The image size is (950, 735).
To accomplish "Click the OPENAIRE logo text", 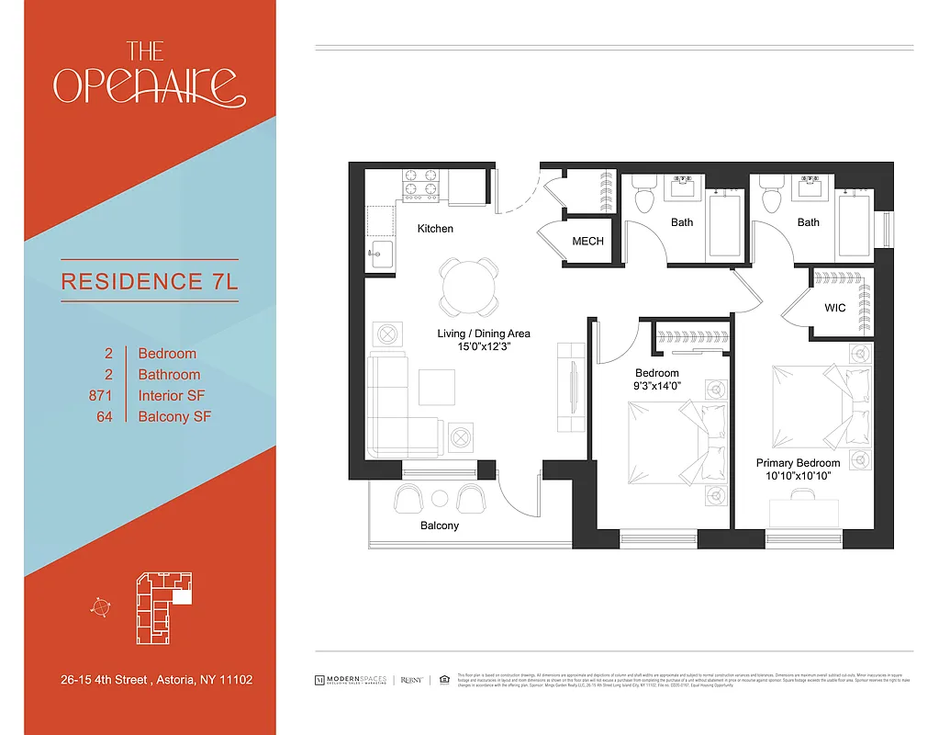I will point(150,84).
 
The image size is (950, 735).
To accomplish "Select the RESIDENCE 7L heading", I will point(150,281).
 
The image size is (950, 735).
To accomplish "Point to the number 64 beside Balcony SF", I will point(105,417).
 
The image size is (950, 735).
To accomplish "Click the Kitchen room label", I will point(435,229).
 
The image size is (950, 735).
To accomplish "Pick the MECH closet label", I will point(588,242).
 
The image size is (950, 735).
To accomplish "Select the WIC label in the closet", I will point(834,308).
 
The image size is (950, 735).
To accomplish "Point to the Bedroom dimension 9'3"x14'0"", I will point(657,387).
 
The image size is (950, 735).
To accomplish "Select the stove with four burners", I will point(422,184).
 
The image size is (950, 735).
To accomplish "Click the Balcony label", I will point(440,526).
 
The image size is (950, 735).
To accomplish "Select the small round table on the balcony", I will point(440,498).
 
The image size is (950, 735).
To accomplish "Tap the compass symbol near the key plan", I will point(101,606).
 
